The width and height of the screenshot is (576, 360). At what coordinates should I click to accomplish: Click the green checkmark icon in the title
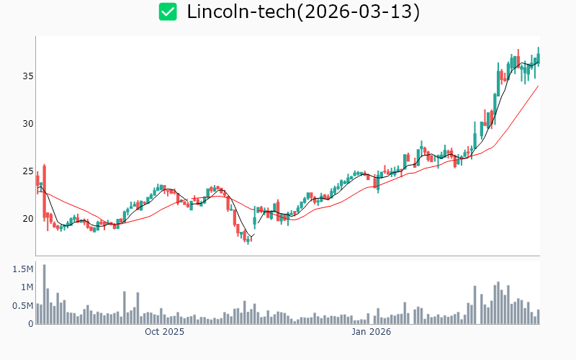coord(168,12)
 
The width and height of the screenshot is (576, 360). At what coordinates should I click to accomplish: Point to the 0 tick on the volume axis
coord(30,324)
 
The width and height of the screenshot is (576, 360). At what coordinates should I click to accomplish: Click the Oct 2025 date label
coord(164,333)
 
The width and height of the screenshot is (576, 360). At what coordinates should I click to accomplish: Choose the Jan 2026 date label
coord(371,333)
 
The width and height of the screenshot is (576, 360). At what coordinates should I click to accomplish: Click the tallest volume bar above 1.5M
coord(44,294)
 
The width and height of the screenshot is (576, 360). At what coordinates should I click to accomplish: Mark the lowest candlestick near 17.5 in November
coord(248,240)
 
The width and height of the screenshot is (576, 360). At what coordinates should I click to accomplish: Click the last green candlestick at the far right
coord(538,57)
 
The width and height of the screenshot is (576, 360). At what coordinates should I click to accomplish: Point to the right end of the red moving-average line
coord(538,86)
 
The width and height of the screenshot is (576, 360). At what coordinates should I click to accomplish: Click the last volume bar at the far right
coord(538,317)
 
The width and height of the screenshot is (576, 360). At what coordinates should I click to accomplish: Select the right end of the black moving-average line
coord(538,63)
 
